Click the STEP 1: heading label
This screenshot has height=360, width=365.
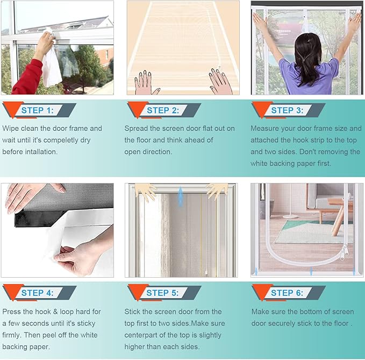point(38,110)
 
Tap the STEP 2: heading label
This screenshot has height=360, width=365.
point(163,110)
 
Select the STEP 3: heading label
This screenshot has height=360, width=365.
point(288,110)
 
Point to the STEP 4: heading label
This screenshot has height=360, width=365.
point(38,293)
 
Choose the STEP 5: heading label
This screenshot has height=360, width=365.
point(162,293)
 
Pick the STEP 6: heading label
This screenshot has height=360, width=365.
point(287,293)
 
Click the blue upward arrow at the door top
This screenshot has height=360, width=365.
point(181,197)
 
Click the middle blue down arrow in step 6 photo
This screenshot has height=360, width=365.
point(311,271)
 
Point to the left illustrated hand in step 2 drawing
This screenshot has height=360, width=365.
point(145,82)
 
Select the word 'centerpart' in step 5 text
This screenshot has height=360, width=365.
point(142,335)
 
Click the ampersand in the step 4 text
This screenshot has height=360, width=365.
point(55,312)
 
